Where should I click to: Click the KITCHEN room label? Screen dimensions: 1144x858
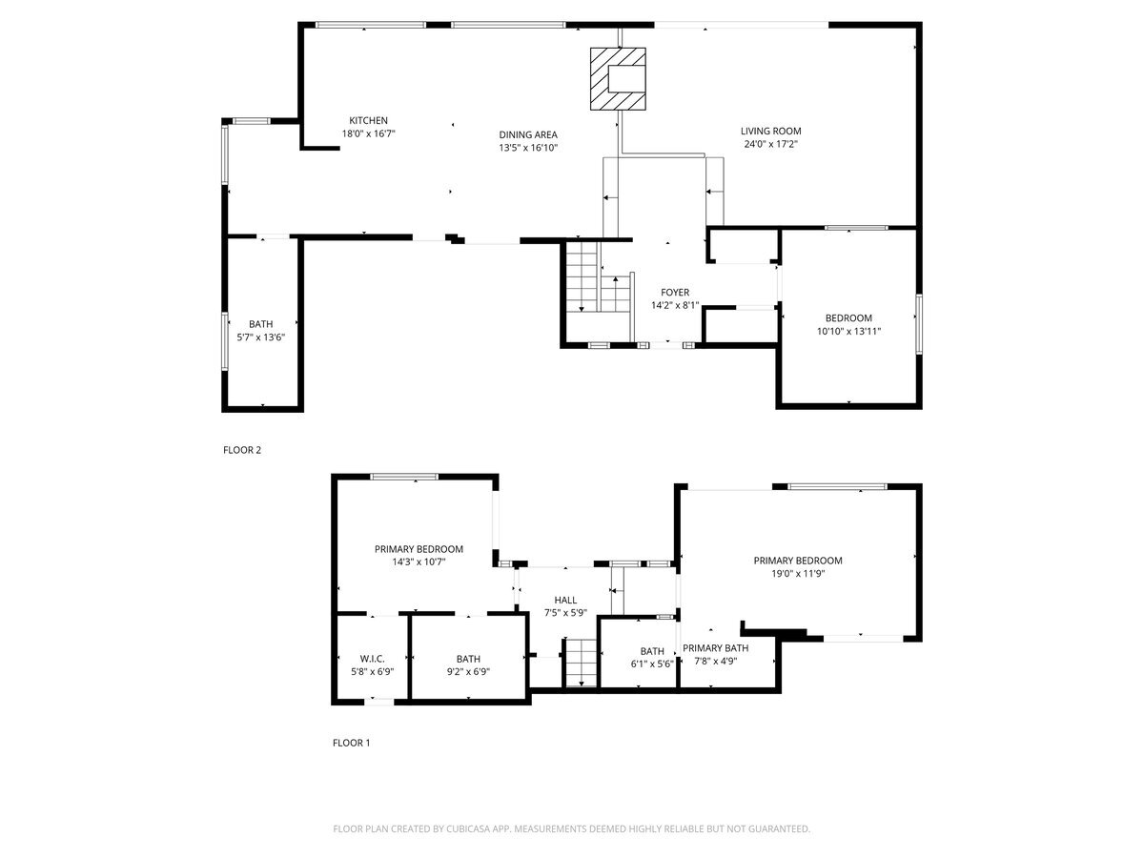[368, 120]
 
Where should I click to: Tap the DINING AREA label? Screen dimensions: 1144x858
[528, 134]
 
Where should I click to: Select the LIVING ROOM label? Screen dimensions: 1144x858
[770, 132]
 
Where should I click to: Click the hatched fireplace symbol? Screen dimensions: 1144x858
[618, 79]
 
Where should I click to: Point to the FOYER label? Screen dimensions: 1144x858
[675, 293]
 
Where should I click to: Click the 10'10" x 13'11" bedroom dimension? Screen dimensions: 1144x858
[848, 331]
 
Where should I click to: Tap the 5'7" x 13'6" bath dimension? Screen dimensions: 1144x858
[260, 337]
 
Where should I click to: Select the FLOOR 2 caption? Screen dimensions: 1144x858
[242, 450]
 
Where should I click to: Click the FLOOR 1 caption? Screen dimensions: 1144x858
[351, 743]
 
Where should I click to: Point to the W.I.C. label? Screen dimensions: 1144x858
[372, 659]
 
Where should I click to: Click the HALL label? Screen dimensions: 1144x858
[565, 601]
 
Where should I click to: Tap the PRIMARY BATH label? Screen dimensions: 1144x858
[715, 648]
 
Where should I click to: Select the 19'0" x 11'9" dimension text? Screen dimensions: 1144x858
[798, 574]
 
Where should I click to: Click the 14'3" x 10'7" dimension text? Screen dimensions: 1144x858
[419, 562]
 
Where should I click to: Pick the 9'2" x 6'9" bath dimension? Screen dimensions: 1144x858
[468, 672]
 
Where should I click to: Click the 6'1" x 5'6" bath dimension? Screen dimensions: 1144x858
[652, 664]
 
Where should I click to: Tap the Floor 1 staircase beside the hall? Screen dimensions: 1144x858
[582, 664]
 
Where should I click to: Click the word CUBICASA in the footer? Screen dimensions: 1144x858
[468, 828]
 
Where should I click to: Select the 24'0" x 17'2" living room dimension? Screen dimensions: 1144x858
[771, 144]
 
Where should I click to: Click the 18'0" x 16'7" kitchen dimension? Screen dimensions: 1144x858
[369, 133]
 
